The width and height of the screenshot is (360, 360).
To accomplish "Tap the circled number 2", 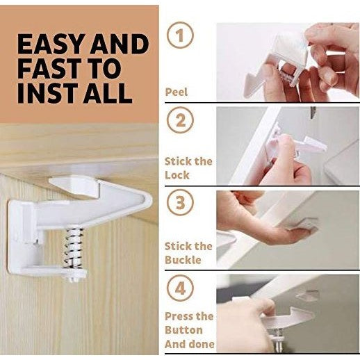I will (181, 120).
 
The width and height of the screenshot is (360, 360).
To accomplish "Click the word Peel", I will (176, 91).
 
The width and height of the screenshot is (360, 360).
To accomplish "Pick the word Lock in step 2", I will (177, 175).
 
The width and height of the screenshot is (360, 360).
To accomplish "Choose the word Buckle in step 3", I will (183, 260).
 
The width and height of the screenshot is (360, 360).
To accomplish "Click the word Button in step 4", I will (183, 330).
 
